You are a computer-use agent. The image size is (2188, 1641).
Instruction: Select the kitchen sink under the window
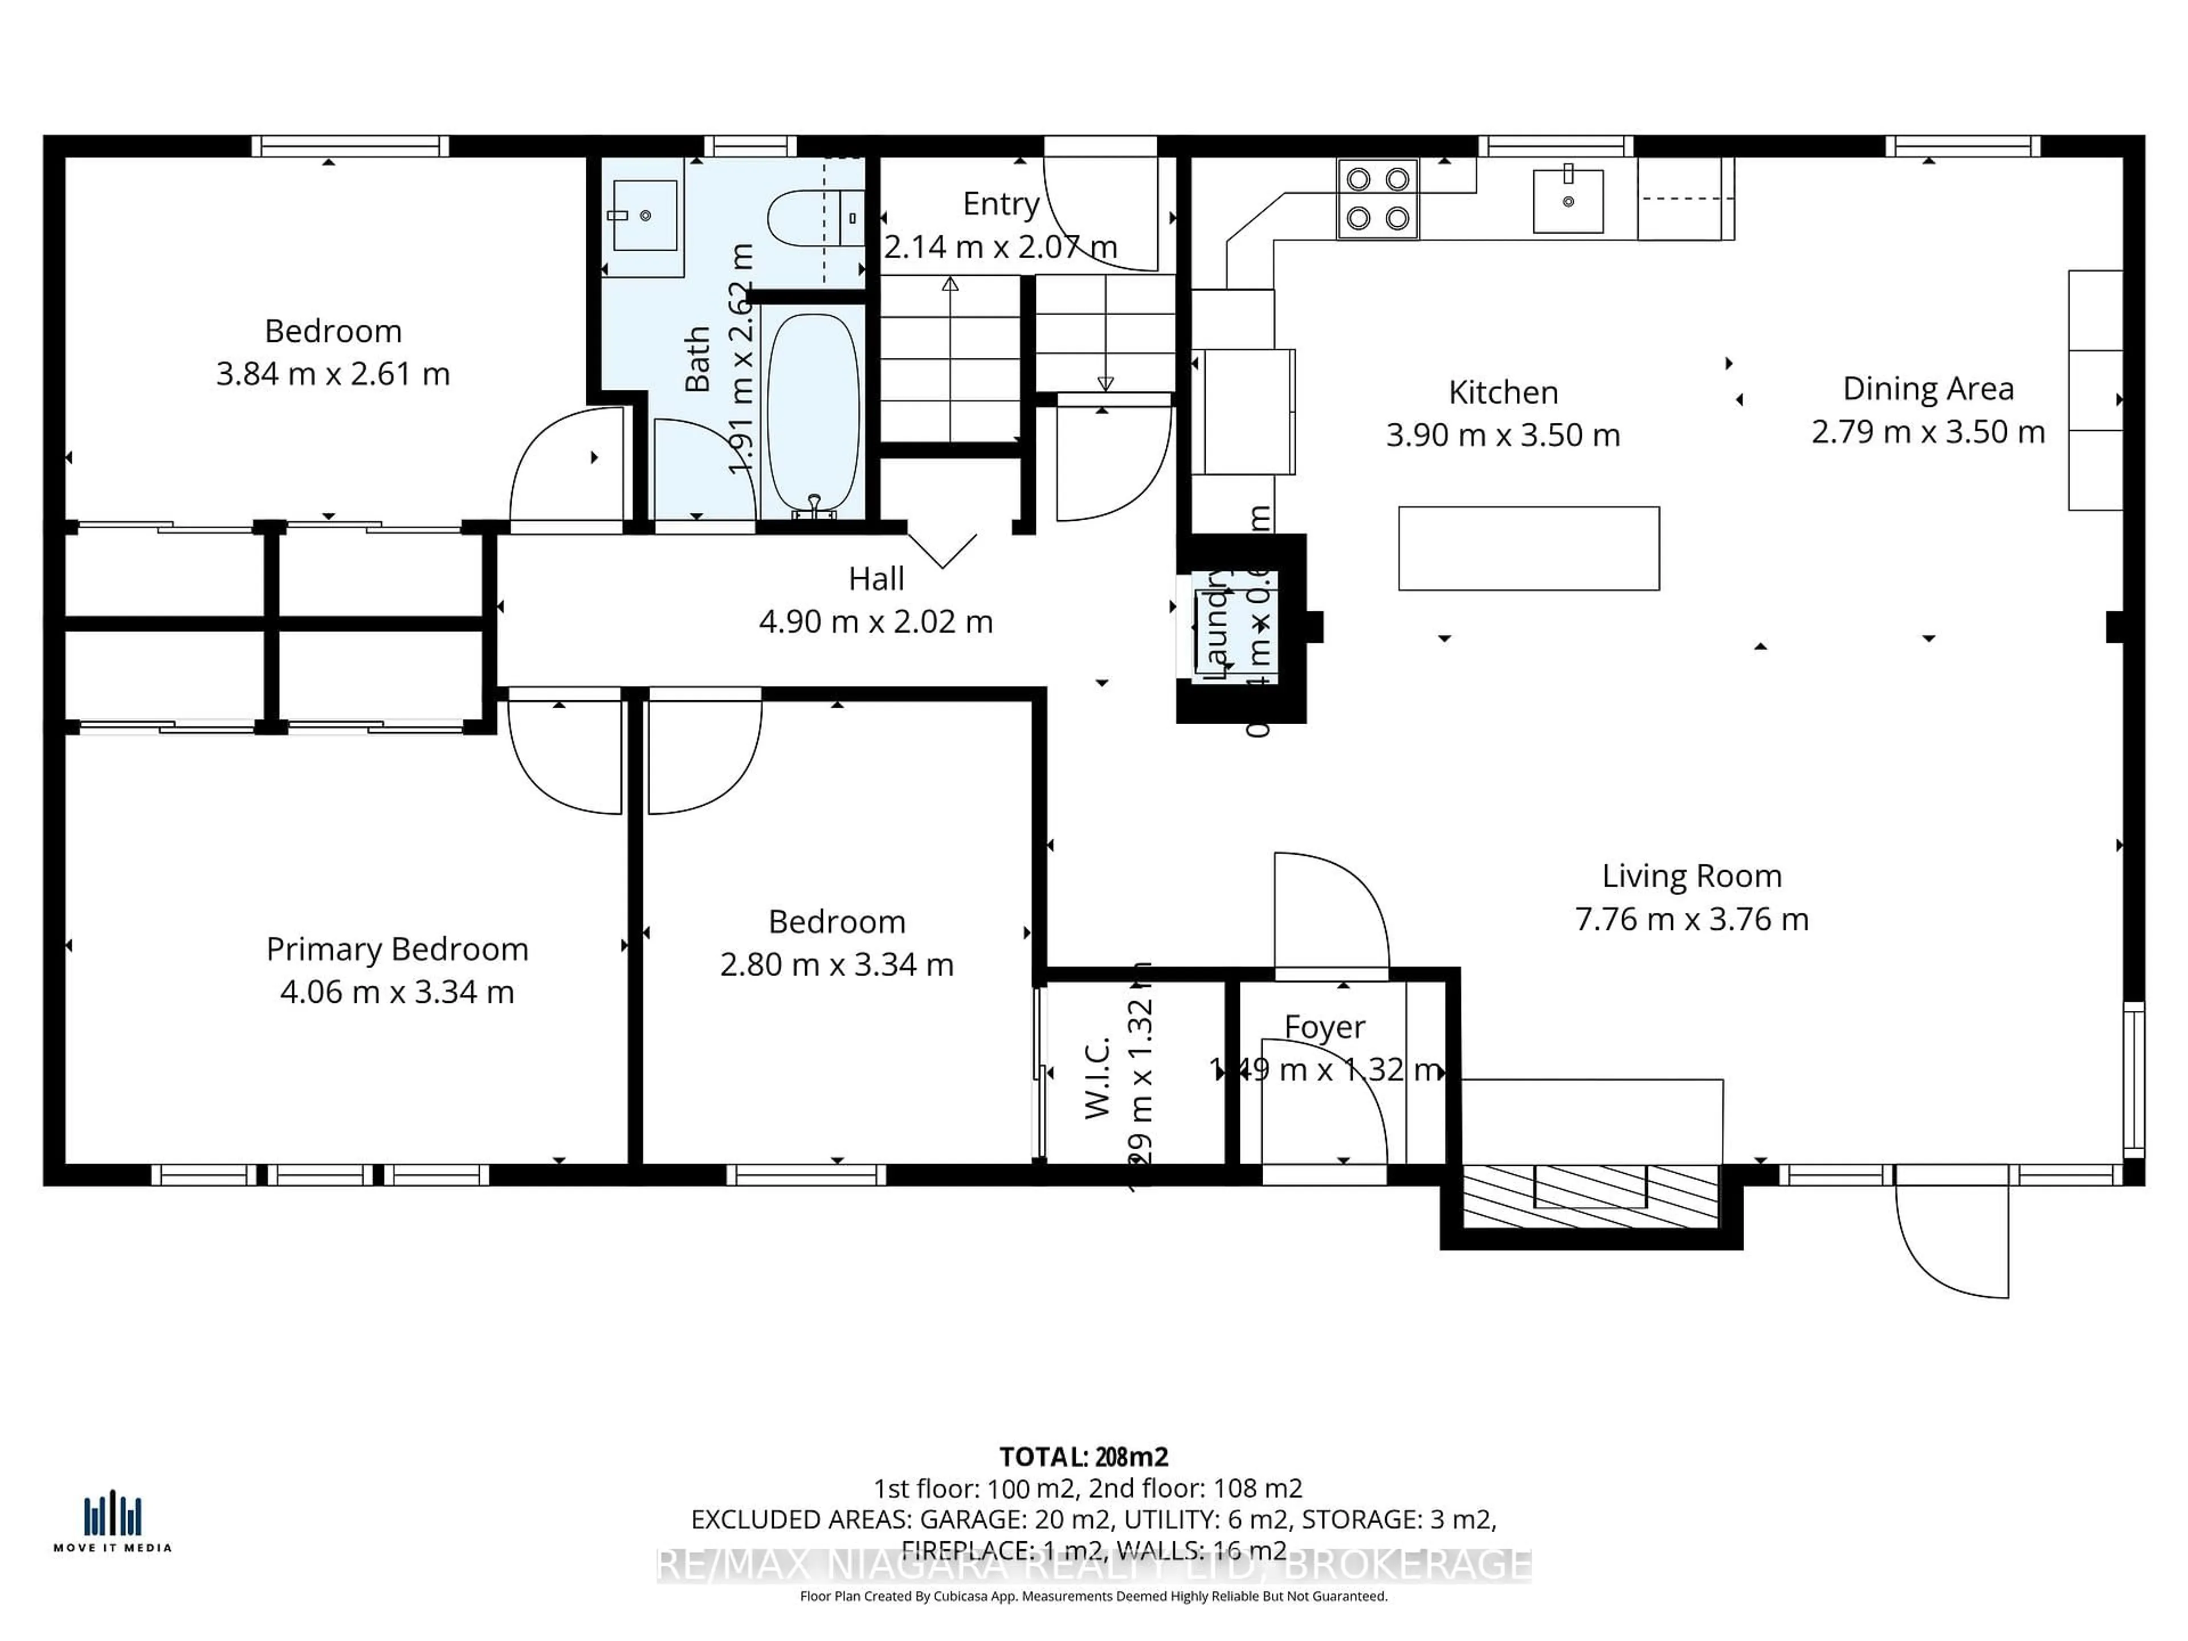(1568, 201)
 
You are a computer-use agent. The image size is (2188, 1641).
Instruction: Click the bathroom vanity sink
(645, 215)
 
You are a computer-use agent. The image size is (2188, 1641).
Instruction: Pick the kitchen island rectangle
(1528, 548)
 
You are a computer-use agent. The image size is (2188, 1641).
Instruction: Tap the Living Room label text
(1692, 876)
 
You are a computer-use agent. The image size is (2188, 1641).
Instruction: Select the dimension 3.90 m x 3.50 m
(1503, 435)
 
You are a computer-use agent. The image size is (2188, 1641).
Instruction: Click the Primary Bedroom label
(397, 950)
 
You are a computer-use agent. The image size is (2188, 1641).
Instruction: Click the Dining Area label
(1928, 389)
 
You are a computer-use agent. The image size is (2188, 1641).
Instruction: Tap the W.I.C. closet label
(1098, 1078)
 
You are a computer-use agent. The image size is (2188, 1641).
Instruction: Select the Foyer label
(1324, 1027)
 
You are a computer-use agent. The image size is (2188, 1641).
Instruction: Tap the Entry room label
(1001, 204)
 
